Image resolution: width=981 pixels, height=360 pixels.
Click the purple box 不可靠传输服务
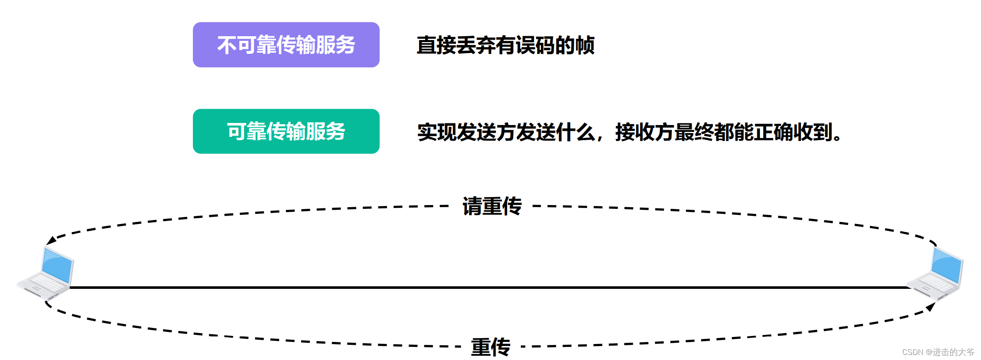pyautogui.click(x=286, y=45)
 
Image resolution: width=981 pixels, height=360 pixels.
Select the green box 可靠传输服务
pyautogui.click(x=286, y=131)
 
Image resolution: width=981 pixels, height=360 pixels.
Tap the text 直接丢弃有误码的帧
pyautogui.click(x=505, y=45)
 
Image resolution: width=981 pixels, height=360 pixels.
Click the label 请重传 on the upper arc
pyautogui.click(x=492, y=206)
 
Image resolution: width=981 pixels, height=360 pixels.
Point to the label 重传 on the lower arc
pyautogui.click(x=490, y=347)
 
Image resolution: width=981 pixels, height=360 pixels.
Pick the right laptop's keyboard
pyautogui.click(x=934, y=283)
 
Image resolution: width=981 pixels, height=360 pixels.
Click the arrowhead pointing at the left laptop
pyautogui.click(x=51, y=240)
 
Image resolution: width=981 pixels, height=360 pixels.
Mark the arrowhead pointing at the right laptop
pyautogui.click(x=931, y=307)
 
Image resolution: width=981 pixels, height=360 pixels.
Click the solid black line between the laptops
pyautogui.click(x=488, y=288)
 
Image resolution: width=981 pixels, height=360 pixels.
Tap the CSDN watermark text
pyautogui.click(x=938, y=352)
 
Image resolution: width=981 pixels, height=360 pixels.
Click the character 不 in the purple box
pyautogui.click(x=227, y=45)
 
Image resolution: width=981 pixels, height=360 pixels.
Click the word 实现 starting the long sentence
pyautogui.click(x=437, y=132)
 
